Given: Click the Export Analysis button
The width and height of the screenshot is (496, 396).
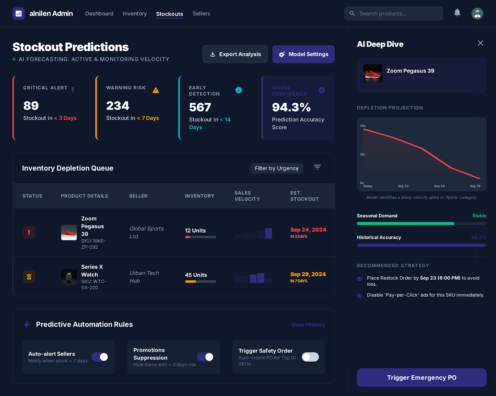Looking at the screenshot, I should coord(235,54).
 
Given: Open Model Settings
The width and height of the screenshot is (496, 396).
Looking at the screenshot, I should coord(303,54).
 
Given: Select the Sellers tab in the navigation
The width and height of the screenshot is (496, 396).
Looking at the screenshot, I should coord(201,14).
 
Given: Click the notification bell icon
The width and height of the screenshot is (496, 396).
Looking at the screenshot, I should coord(457,13).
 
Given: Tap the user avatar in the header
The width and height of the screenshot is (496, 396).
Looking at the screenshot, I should coord(477,14).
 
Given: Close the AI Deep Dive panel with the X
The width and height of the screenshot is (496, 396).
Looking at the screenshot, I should coord(480,43).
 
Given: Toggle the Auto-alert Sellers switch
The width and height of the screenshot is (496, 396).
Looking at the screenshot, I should coord(100,357).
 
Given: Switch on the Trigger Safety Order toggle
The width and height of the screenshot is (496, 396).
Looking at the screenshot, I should coord(310,357).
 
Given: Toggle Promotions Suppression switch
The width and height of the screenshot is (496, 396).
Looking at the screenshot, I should coord(205,357).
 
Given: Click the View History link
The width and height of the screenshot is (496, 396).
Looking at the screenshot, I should coord(308,325).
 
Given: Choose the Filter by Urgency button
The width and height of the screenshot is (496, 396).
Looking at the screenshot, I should coord(277,168).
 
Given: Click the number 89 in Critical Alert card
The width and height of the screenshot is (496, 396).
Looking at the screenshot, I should coord(31,106).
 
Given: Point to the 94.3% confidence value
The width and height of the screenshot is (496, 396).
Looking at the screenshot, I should coord(291,107).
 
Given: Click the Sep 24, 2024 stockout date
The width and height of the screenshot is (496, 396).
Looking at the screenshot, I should coord(308,230).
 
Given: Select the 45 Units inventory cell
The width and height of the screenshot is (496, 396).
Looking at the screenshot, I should coord(196,275).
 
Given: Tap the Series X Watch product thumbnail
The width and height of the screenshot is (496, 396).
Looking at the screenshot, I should coord(69,277).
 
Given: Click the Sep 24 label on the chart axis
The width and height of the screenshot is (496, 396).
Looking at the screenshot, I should coord(439,186).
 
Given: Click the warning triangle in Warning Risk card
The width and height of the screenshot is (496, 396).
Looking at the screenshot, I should coord(156,90).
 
